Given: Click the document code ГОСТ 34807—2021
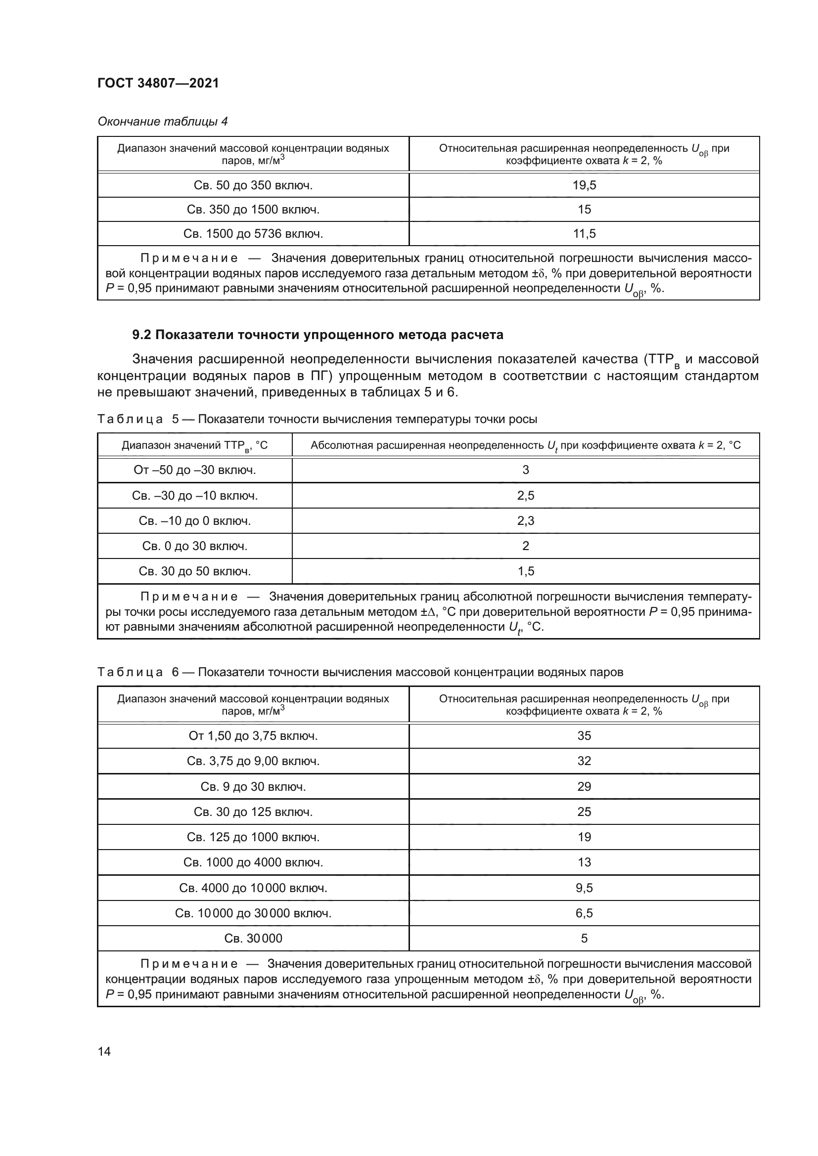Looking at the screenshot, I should (158, 84).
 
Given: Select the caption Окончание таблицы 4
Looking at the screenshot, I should (162, 122).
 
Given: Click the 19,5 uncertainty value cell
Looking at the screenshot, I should (584, 185).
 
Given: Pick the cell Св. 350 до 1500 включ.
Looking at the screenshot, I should (253, 210).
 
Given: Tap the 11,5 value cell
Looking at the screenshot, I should (584, 234).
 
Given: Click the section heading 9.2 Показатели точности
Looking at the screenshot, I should (318, 335).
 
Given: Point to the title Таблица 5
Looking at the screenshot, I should (317, 419).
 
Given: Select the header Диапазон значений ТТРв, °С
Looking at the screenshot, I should (195, 446).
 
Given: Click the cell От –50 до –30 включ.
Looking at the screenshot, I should (195, 470).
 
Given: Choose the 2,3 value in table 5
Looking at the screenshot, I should (525, 520).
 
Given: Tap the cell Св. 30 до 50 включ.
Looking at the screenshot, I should (195, 571).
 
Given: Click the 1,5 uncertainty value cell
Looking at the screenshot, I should (525, 571).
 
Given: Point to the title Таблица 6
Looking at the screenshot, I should (360, 672).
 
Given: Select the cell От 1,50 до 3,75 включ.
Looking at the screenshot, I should (253, 736).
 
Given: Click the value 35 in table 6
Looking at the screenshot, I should (584, 736).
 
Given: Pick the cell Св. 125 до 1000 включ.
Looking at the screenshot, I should (253, 837).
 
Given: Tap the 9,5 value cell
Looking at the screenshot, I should (584, 888).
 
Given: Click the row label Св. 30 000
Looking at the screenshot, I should (253, 939).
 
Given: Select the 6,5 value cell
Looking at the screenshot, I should (584, 913).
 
